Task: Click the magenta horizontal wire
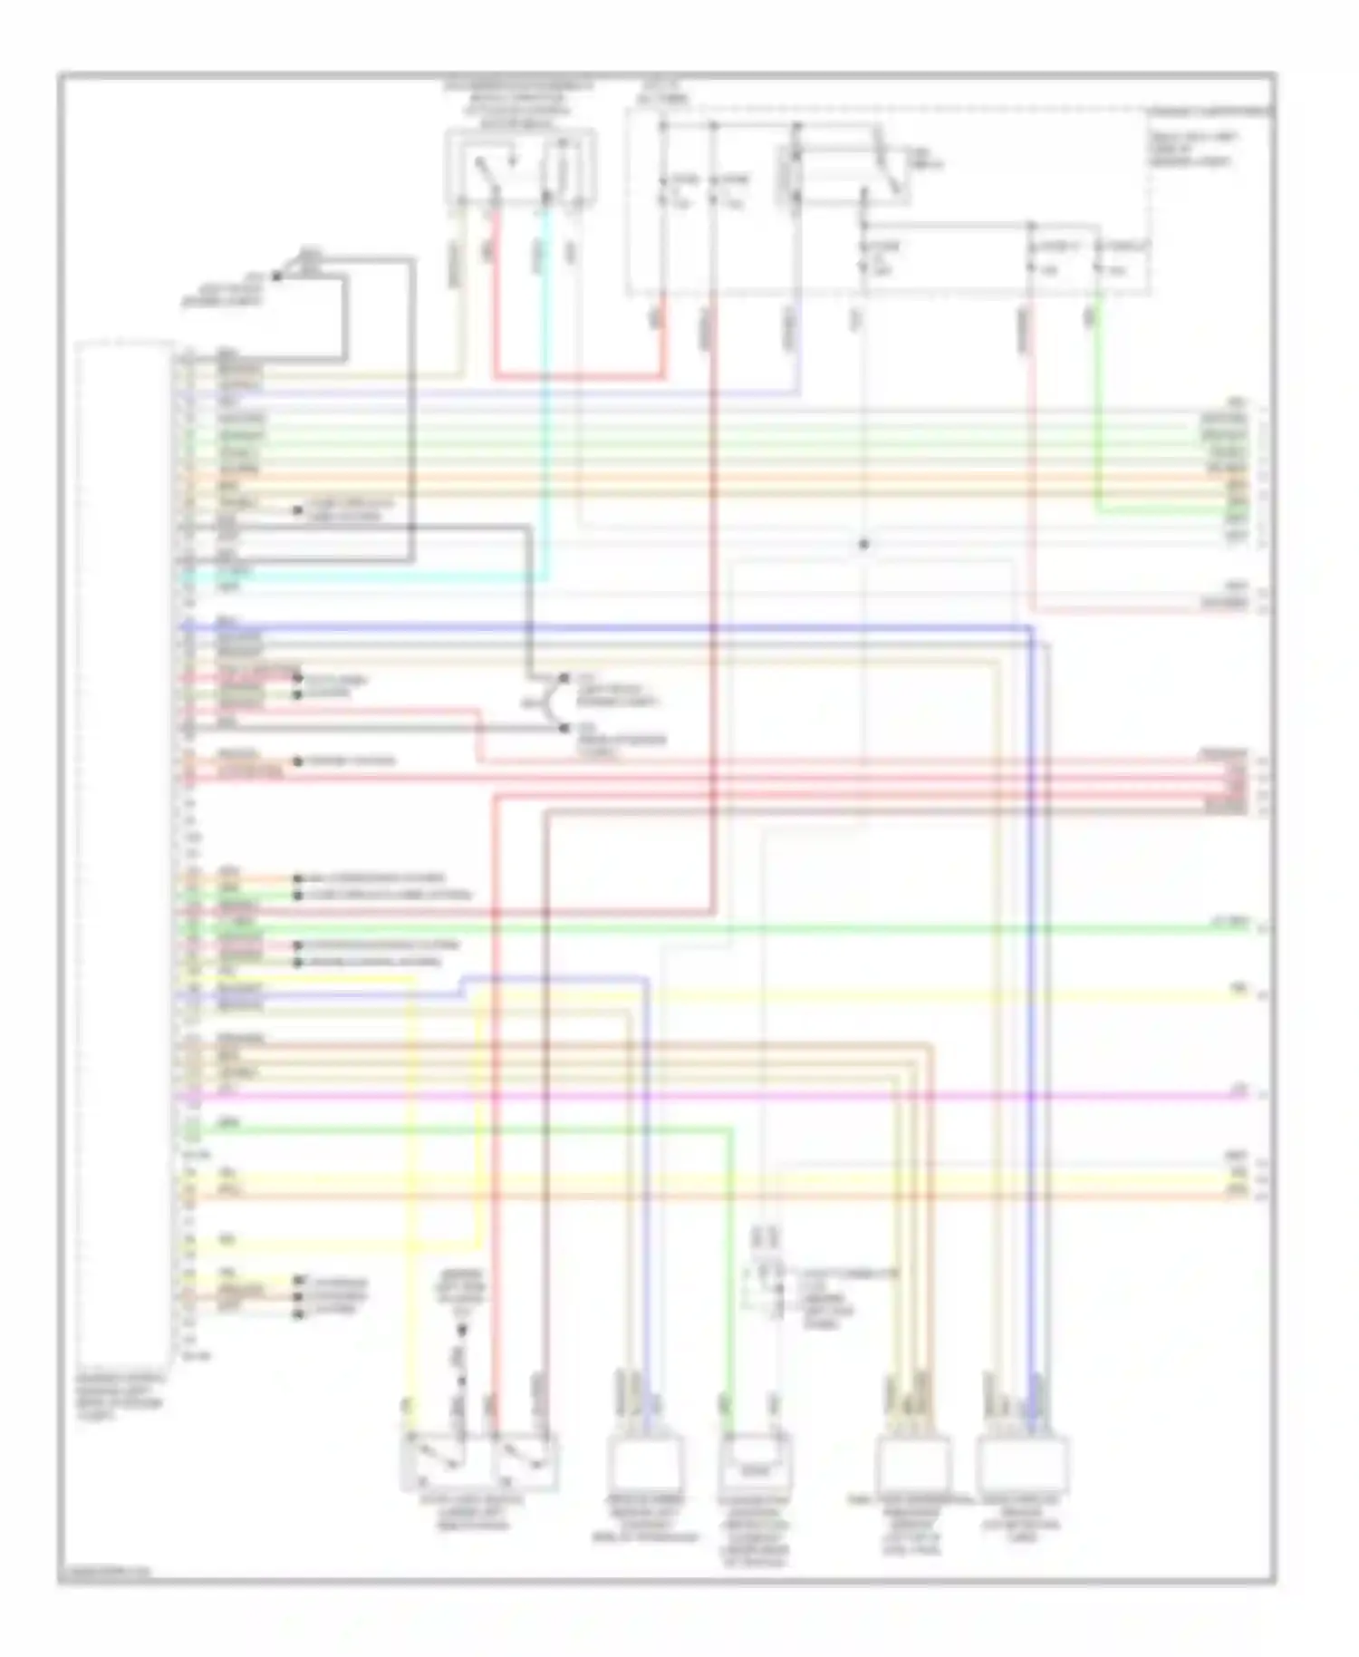tap(725, 1095)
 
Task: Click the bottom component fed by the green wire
tap(753, 1465)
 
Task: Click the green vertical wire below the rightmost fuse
tap(1097, 408)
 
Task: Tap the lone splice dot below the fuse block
tap(863, 544)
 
